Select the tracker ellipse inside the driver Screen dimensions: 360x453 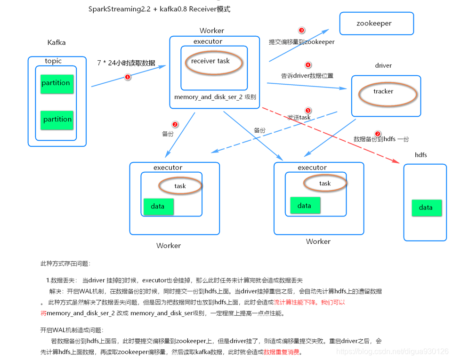pyautogui.click(x=388, y=92)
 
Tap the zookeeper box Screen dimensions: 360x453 pyautogui.click(x=376, y=24)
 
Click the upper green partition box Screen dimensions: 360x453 pyautogui.click(x=57, y=83)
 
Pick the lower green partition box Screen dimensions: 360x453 pyautogui.click(x=57, y=120)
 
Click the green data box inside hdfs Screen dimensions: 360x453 pyautogui.click(x=426, y=208)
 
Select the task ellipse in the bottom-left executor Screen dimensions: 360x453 pyautogui.click(x=180, y=186)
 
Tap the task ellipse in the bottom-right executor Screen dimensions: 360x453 pyautogui.click(x=325, y=184)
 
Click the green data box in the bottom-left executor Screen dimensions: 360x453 pyautogui.click(x=158, y=207)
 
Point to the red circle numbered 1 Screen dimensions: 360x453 pyautogui.click(x=127, y=77)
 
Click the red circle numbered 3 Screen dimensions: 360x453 pyautogui.click(x=302, y=31)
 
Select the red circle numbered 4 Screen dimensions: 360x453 pyautogui.click(x=308, y=65)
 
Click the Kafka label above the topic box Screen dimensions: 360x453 pyautogui.click(x=57, y=43)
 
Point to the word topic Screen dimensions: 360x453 pyautogui.click(x=53, y=61)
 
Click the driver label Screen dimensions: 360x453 pyautogui.click(x=383, y=66)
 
